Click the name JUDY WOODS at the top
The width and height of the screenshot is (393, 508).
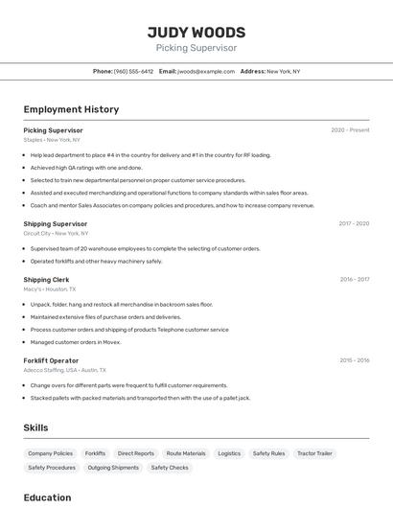pyautogui.click(x=196, y=32)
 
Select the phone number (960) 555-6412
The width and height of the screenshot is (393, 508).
pyautogui.click(x=133, y=71)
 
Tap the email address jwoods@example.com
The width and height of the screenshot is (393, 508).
pyautogui.click(x=206, y=71)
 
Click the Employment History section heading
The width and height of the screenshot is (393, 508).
pyautogui.click(x=71, y=109)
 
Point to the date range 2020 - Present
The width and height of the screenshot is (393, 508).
pyautogui.click(x=350, y=130)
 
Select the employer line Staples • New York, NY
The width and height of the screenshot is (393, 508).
pyautogui.click(x=52, y=140)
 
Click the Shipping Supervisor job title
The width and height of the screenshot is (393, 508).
pyautogui.click(x=56, y=223)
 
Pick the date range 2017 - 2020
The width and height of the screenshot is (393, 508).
pyautogui.click(x=354, y=223)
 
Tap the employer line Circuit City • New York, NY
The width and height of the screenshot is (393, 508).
pyautogui.click(x=56, y=233)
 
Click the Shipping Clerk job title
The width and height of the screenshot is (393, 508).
pyautogui.click(x=46, y=279)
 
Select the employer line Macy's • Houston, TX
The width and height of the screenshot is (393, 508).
pyautogui.click(x=50, y=289)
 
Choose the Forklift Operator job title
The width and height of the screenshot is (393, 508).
pyautogui.click(x=51, y=360)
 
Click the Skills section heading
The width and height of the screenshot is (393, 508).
pyautogui.click(x=35, y=427)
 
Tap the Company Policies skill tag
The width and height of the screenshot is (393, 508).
pyautogui.click(x=50, y=453)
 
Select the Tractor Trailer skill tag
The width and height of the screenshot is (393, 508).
pyautogui.click(x=314, y=453)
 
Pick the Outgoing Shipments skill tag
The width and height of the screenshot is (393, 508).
pyautogui.click(x=113, y=468)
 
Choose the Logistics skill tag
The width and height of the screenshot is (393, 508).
pyautogui.click(x=229, y=453)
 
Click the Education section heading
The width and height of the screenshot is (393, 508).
pyautogui.click(x=47, y=497)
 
